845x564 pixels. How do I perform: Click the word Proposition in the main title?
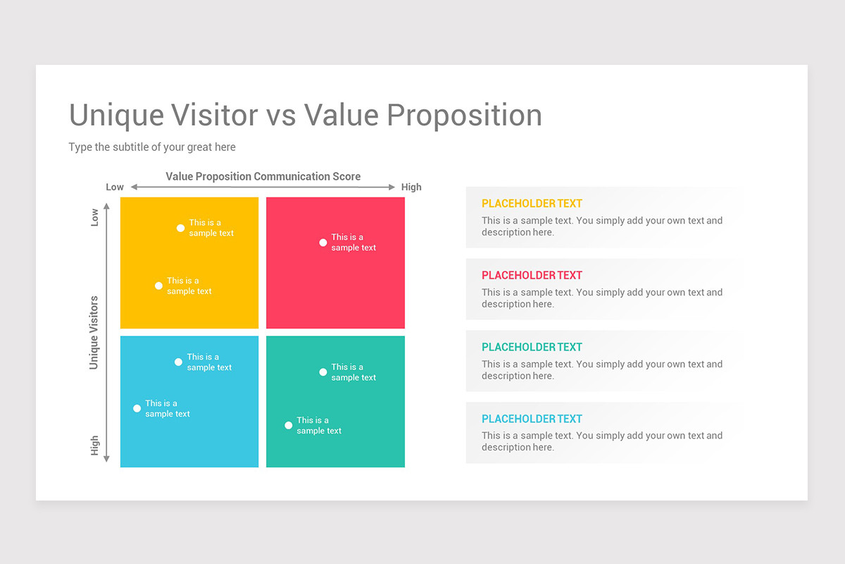(x=464, y=116)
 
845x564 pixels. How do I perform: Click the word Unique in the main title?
(x=117, y=115)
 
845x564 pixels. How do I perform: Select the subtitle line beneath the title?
(x=152, y=147)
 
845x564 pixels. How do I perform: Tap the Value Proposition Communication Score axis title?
(x=263, y=176)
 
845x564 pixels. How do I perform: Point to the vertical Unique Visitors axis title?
(x=94, y=333)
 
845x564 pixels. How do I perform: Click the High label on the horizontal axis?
(x=411, y=187)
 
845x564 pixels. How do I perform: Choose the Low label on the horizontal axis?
(x=115, y=187)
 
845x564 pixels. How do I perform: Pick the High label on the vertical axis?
(x=94, y=446)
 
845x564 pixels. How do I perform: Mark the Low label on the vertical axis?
(x=94, y=217)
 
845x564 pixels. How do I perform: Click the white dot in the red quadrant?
(x=323, y=243)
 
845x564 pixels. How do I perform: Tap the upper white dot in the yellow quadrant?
(x=181, y=228)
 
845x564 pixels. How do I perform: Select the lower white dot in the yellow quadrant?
(x=159, y=286)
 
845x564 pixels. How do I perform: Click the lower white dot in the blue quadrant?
(x=137, y=408)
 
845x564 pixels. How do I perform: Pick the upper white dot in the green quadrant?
(x=323, y=372)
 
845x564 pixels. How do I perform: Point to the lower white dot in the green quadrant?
(x=289, y=425)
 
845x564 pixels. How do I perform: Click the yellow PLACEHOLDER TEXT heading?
(x=532, y=204)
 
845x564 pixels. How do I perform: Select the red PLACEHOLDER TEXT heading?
(x=532, y=276)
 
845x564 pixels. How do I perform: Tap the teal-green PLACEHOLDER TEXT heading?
(x=532, y=347)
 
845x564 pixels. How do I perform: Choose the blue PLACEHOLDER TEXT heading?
(x=532, y=419)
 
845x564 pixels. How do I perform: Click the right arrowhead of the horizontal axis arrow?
(x=392, y=187)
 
